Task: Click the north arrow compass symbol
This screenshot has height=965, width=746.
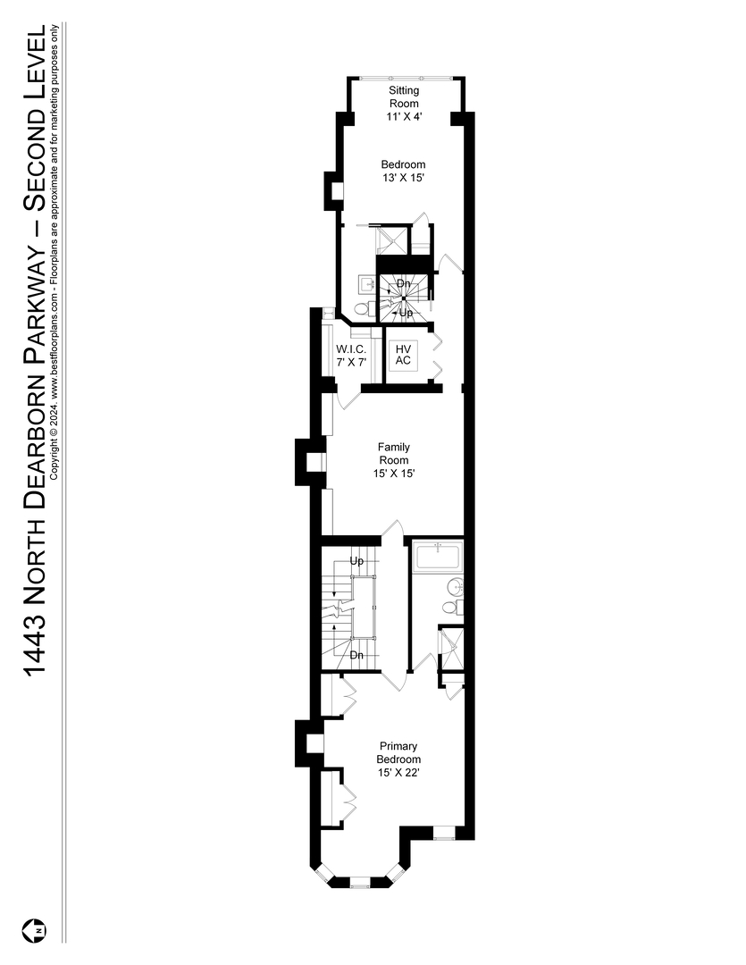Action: pos(38,928)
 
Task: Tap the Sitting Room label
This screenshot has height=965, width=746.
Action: pos(404,96)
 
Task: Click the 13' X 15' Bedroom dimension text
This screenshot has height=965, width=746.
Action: pos(403,178)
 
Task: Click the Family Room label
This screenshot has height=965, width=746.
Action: pos(393,453)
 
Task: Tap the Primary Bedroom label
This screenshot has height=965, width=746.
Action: pos(398,752)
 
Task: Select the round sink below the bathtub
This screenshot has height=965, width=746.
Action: pos(454,587)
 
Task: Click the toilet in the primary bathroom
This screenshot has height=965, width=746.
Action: pos(451,608)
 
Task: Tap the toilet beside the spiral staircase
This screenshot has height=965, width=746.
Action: pos(362,308)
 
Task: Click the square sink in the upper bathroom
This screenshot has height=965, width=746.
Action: pos(367,285)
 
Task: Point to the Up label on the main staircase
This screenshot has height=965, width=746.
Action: pos(357,562)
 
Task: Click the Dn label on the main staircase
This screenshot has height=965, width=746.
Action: pos(357,655)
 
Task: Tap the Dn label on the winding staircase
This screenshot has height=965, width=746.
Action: pos(404,284)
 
